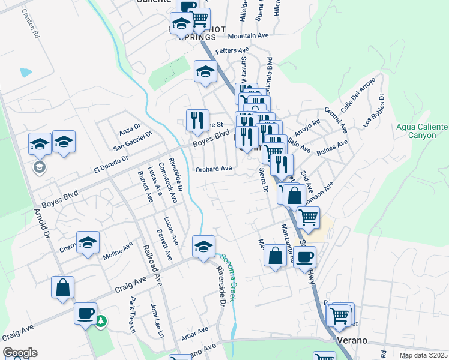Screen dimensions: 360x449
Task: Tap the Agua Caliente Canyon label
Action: (x=422, y=131)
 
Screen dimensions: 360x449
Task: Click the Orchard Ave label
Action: (x=214, y=169)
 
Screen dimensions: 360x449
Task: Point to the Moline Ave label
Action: (x=119, y=248)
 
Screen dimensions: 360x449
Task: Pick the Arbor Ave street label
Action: (x=194, y=331)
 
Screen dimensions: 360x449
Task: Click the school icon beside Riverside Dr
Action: (x=203, y=247)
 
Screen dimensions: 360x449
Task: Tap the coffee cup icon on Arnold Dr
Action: (x=85, y=312)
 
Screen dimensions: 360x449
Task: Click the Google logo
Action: (x=20, y=353)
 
